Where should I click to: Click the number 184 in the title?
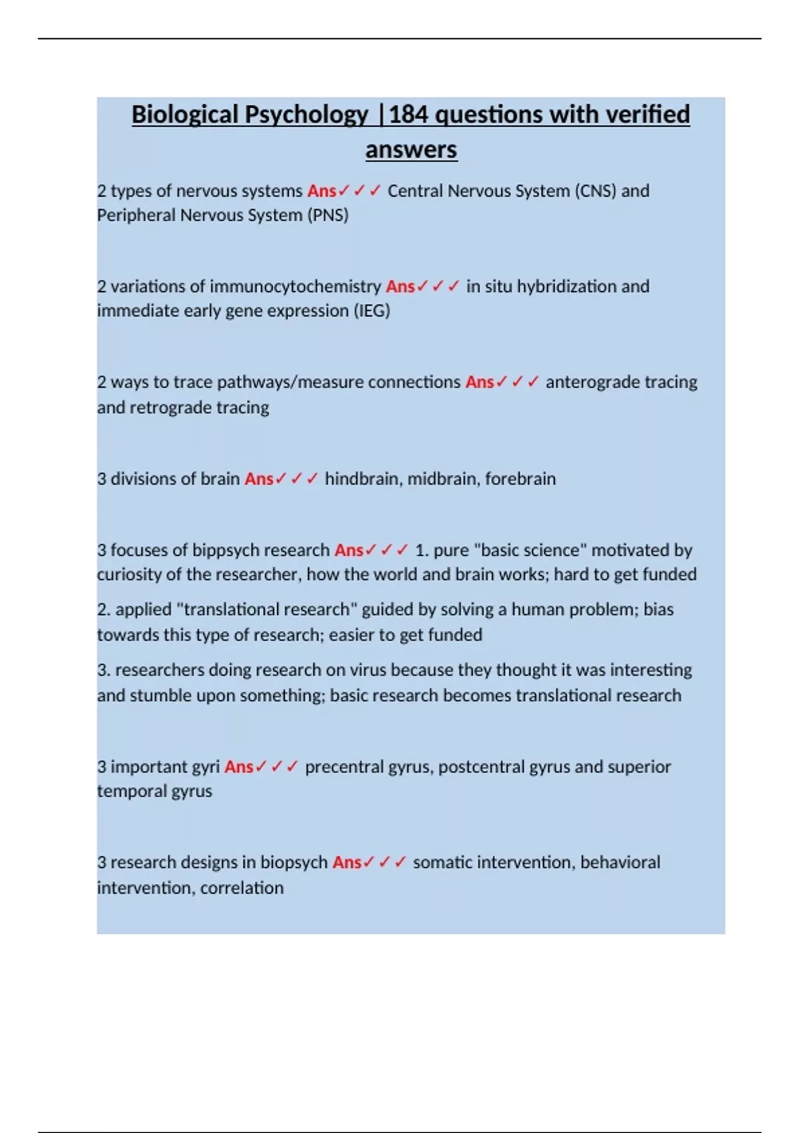[407, 115]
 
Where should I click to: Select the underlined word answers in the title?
[411, 149]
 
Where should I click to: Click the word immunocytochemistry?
[295, 287]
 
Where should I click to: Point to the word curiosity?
[127, 574]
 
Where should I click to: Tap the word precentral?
[347, 767]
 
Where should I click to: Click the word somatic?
[441, 862]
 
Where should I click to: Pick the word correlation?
[242, 888]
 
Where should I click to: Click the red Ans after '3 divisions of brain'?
[259, 479]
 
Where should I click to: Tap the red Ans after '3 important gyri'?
[239, 767]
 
